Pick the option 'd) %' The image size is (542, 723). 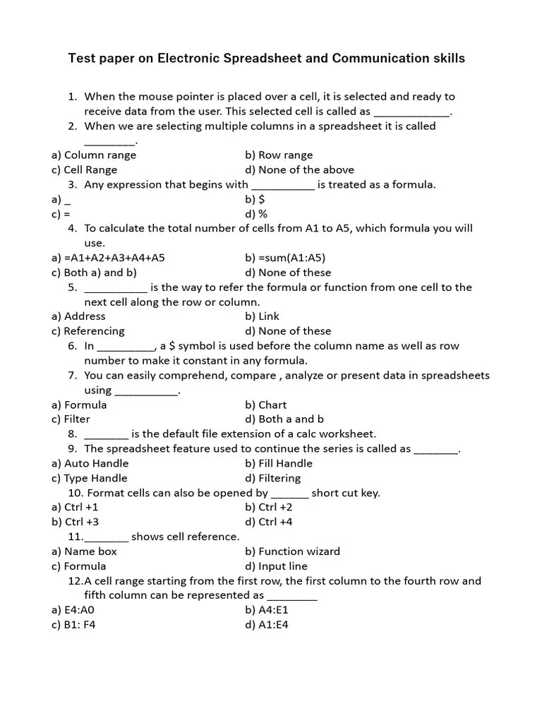tap(256, 214)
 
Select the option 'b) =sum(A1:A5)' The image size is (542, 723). tap(285, 258)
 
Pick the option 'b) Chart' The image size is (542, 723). tap(266, 405)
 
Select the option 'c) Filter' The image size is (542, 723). tap(71, 419)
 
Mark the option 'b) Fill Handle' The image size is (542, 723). tap(279, 464)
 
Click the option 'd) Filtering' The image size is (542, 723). tap(273, 478)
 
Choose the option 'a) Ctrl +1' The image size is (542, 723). tap(75, 507)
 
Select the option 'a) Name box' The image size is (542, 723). tap(84, 551)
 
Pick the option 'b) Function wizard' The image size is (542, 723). tap(293, 551)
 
